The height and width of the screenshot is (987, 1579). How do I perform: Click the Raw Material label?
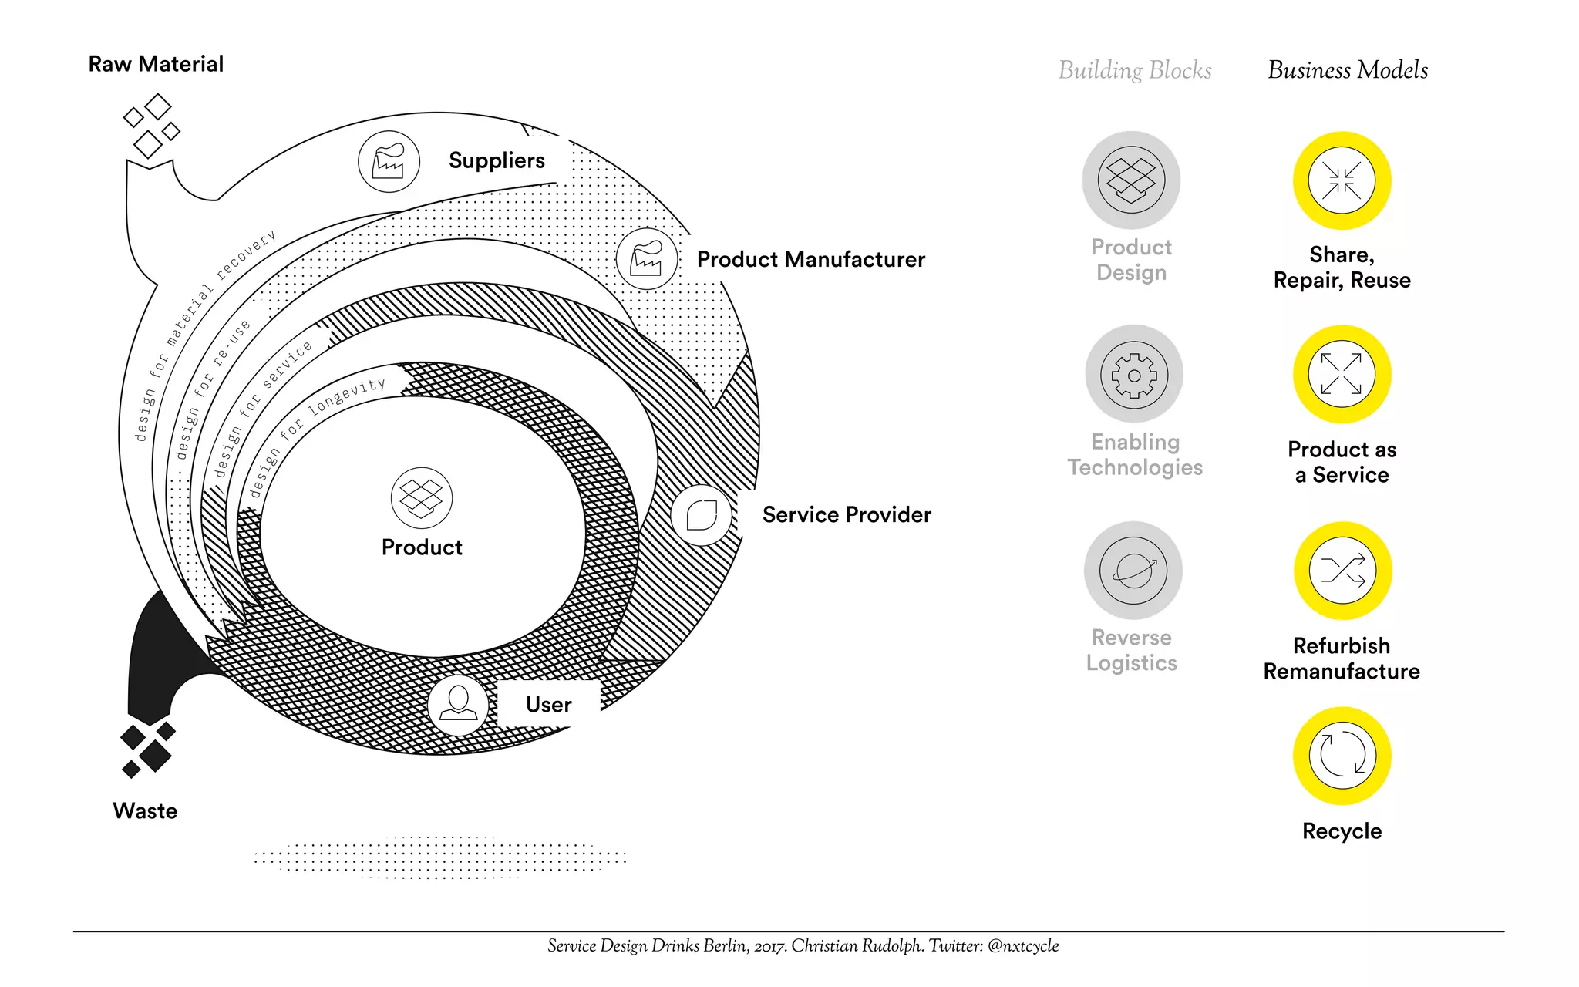[x=156, y=64]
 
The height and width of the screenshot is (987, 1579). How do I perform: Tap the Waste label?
[x=145, y=811]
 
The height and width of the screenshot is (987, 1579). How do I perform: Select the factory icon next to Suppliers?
[x=389, y=162]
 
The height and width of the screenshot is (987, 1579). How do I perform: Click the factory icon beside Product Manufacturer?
[x=647, y=259]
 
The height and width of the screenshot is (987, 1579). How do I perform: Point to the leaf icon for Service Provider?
[x=702, y=515]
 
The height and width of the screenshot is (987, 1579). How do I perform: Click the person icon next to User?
[x=458, y=705]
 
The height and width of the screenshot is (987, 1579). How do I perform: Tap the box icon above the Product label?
[x=422, y=498]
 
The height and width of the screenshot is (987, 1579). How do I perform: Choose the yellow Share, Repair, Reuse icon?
[x=1342, y=180]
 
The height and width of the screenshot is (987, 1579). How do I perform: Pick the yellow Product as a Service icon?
[x=1342, y=374]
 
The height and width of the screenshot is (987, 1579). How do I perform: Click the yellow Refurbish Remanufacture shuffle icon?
[x=1342, y=571]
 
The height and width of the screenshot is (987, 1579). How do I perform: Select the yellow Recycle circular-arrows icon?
[x=1342, y=756]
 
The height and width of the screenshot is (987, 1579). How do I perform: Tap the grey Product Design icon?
[x=1131, y=180]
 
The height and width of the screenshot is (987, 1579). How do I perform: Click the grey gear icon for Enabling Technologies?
[x=1133, y=374]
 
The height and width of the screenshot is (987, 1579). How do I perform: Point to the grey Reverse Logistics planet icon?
[x=1133, y=571]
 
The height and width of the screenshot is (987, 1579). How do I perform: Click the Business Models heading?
[x=1348, y=70]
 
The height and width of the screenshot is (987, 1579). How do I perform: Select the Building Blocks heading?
[x=1135, y=70]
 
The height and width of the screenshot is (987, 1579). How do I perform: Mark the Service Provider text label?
[x=847, y=515]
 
